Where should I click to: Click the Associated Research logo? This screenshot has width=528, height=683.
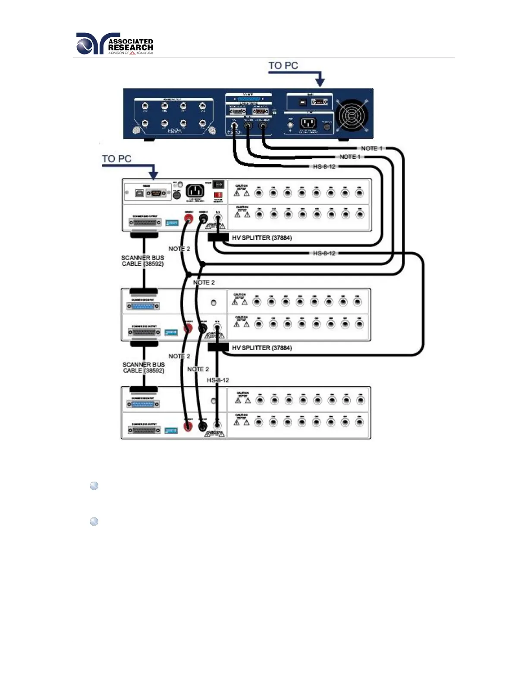point(114,44)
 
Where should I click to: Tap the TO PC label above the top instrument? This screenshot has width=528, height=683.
point(283,66)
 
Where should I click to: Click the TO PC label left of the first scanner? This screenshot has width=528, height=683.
point(116,159)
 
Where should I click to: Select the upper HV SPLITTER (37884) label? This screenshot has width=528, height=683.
point(262,238)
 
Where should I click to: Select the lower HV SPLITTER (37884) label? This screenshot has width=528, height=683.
point(262,348)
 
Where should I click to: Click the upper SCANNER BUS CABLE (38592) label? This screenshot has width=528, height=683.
point(143,260)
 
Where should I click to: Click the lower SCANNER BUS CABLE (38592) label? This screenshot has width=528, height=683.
point(144,367)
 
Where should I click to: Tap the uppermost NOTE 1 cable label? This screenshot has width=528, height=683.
point(371,148)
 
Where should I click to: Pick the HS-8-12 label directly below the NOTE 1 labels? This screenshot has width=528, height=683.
point(324,166)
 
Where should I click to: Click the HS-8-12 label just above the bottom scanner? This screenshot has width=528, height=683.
point(218,380)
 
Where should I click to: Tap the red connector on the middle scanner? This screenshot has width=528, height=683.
point(188,329)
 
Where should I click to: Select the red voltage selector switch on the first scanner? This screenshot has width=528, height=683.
point(218,195)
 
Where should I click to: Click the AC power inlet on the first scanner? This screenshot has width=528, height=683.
point(195,191)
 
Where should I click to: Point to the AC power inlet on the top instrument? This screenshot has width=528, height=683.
point(308,123)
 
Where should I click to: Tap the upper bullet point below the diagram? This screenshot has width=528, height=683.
point(94,486)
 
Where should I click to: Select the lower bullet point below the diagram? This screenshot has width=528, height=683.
point(94,522)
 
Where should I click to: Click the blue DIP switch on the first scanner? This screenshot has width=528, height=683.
point(172,223)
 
